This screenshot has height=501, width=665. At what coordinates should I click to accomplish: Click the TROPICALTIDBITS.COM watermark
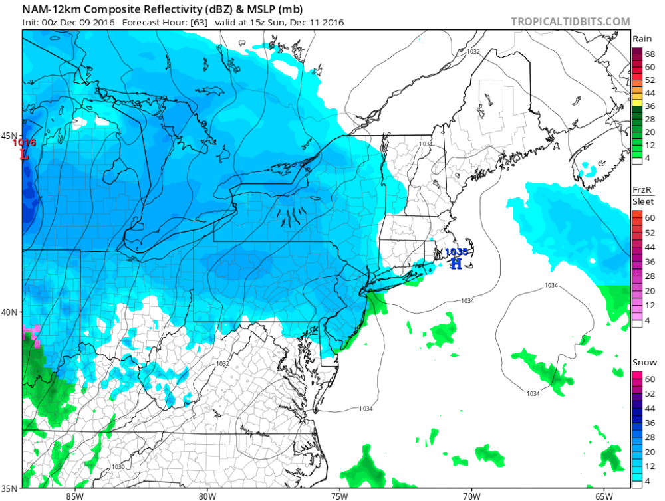tap(570, 21)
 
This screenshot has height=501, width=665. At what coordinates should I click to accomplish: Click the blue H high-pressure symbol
tap(456, 264)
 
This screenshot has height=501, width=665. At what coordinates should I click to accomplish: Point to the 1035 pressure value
tap(456, 252)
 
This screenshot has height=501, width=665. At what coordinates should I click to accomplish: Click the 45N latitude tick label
tap(9, 136)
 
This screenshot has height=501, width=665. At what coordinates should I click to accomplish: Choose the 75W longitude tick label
tap(339, 495)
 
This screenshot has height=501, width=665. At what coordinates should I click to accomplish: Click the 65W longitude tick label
tap(603, 495)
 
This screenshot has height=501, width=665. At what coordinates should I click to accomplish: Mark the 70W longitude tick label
tap(471, 495)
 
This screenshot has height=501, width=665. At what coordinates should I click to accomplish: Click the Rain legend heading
tap(641, 39)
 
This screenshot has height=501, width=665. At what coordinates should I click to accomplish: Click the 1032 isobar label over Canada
tap(473, 51)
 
